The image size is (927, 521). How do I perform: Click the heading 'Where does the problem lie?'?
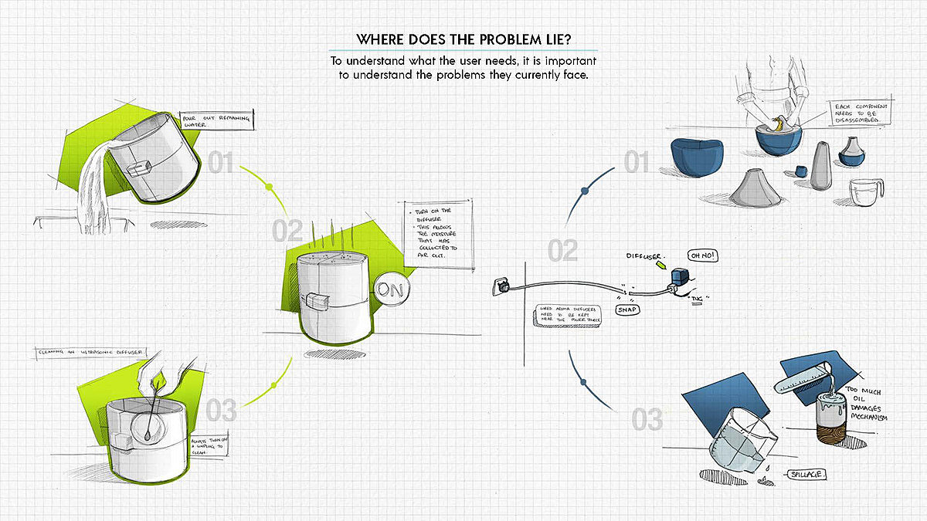tap(463, 39)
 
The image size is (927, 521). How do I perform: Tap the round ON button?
tap(392, 289)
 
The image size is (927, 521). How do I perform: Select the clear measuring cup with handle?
tap(864, 192)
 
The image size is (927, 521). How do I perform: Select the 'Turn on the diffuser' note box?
tap(439, 236)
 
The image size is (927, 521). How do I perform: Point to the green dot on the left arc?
tap(269, 188)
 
